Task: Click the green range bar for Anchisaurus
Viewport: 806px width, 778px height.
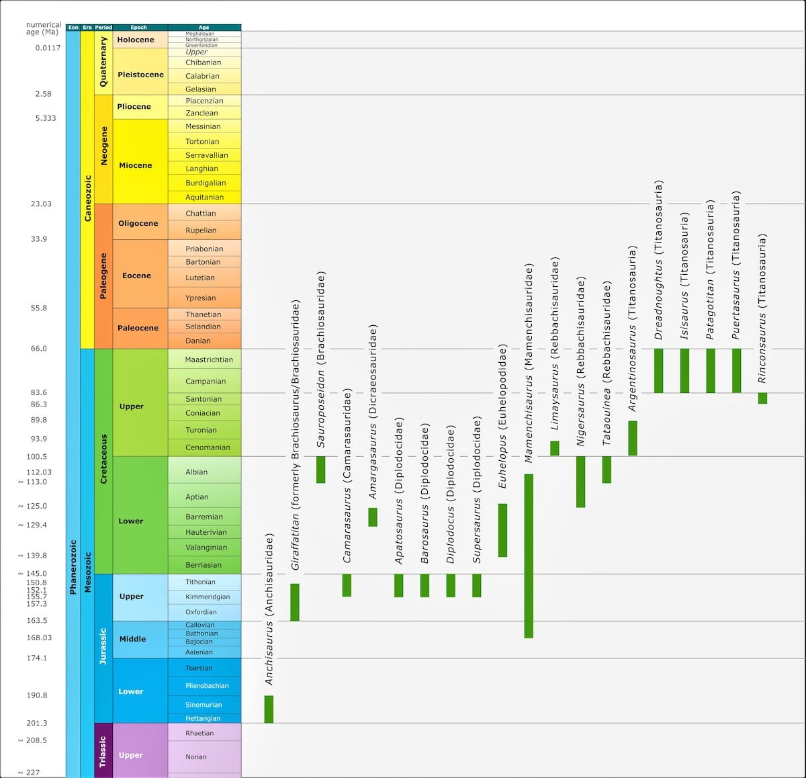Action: [x=269, y=709]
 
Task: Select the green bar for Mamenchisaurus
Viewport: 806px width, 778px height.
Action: [x=529, y=556]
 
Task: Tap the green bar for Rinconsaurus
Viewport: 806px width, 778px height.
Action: [x=762, y=398]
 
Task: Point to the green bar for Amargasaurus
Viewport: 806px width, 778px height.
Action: [x=373, y=517]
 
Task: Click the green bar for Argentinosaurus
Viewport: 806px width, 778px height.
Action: [x=633, y=438]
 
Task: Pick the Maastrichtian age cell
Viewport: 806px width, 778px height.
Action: [x=209, y=359]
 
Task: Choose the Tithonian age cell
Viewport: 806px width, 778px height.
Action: [x=200, y=582]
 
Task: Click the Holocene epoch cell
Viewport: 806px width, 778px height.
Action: [x=136, y=40]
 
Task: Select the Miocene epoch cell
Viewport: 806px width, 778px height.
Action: [x=136, y=165]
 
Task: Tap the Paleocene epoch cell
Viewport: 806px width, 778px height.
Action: [x=138, y=328]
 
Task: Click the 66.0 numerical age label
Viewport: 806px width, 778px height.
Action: [x=39, y=349]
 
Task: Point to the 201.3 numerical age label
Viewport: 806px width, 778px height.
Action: [x=37, y=723]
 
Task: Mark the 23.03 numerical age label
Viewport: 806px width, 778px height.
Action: [x=40, y=204]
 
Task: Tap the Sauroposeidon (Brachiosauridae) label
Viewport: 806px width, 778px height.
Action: [x=320, y=359]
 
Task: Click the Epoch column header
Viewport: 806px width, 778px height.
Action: [x=139, y=28]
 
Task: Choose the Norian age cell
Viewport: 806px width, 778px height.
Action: [x=196, y=757]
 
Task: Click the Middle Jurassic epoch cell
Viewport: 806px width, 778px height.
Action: [x=132, y=639]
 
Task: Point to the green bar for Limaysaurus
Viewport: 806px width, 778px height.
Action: [x=555, y=448]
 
